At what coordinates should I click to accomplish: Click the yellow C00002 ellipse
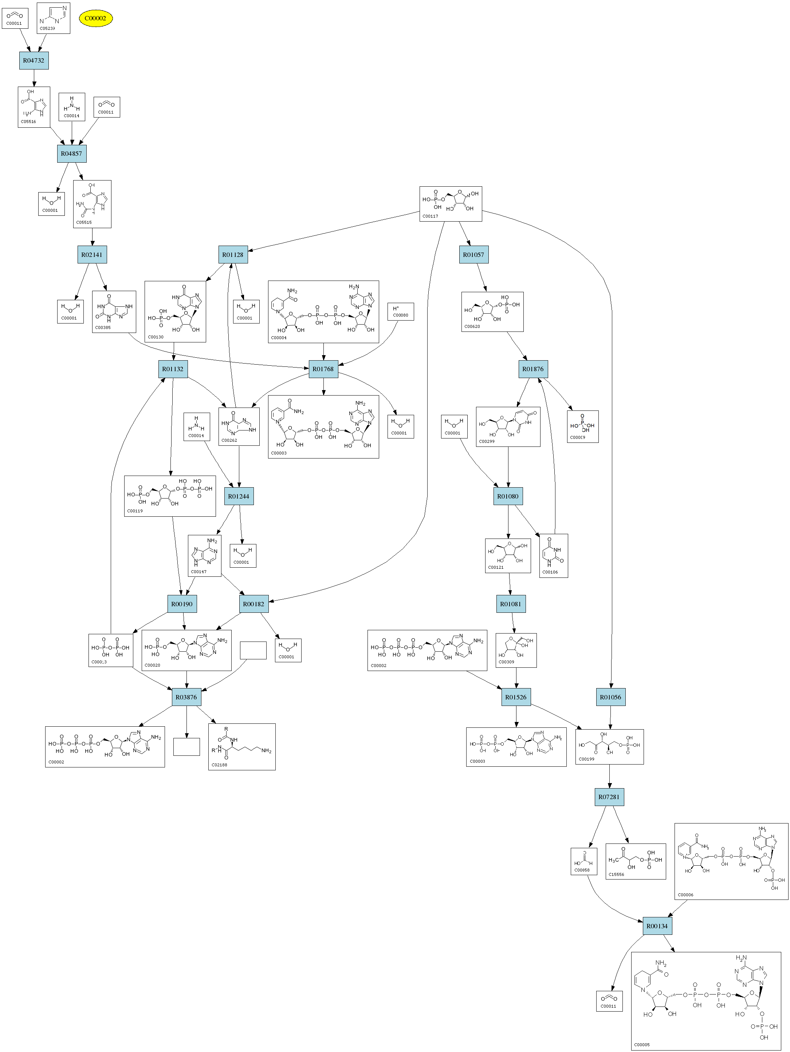click(96, 19)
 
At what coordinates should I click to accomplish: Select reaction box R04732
click(34, 60)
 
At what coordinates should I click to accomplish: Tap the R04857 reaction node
click(71, 154)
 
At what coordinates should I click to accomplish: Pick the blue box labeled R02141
click(92, 254)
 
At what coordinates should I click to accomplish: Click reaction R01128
click(233, 254)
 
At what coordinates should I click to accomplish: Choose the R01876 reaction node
click(533, 369)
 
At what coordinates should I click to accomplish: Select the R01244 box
click(239, 496)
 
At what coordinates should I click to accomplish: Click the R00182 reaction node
click(253, 604)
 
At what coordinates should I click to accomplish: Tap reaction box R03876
click(186, 697)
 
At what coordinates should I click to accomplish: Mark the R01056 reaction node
click(610, 697)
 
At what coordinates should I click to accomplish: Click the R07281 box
click(609, 797)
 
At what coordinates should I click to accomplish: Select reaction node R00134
click(657, 926)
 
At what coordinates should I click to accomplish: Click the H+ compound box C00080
click(401, 311)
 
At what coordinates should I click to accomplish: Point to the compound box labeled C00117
click(451, 203)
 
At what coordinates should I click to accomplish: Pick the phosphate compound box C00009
click(582, 426)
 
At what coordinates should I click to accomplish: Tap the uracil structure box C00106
click(554, 556)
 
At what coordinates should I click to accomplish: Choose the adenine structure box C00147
click(205, 556)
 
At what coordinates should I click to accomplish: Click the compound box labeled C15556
click(635, 861)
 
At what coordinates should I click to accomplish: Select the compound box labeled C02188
click(242, 747)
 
